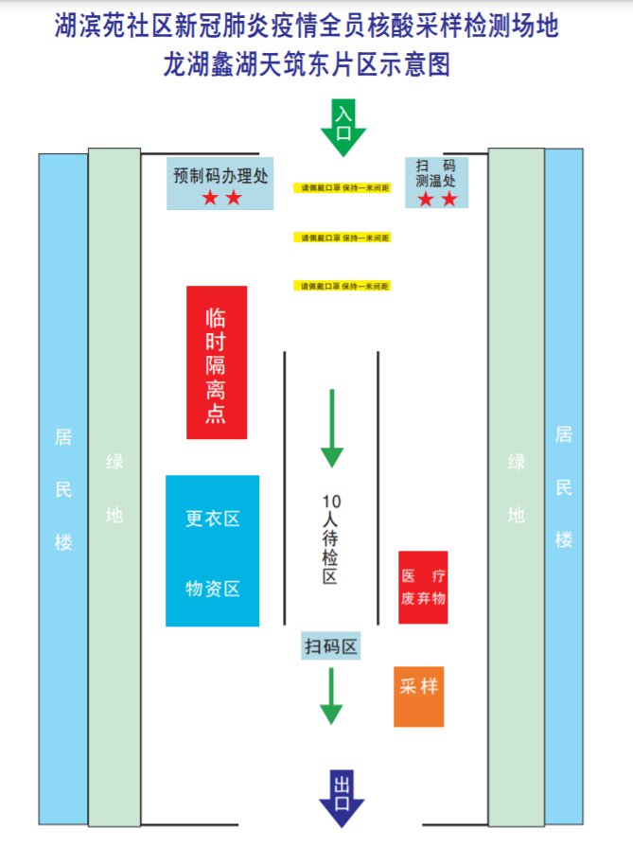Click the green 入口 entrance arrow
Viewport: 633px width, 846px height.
(343, 127)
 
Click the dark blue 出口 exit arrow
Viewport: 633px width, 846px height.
(342, 798)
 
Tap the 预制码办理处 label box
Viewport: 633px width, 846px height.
(221, 183)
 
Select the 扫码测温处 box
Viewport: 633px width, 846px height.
(436, 183)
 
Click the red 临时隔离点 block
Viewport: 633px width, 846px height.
(217, 362)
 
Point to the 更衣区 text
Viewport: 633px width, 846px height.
(213, 519)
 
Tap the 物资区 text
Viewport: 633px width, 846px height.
(213, 589)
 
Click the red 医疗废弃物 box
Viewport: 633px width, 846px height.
(423, 588)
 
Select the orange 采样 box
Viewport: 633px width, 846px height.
(418, 696)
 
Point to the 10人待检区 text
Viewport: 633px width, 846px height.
(330, 539)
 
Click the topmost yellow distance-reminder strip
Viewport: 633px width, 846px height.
(343, 187)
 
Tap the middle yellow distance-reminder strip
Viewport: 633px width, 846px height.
(343, 238)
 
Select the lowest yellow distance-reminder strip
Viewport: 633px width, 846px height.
(343, 286)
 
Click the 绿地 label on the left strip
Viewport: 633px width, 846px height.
(114, 489)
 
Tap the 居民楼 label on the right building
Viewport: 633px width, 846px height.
(564, 487)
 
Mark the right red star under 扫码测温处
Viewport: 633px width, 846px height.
(449, 200)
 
